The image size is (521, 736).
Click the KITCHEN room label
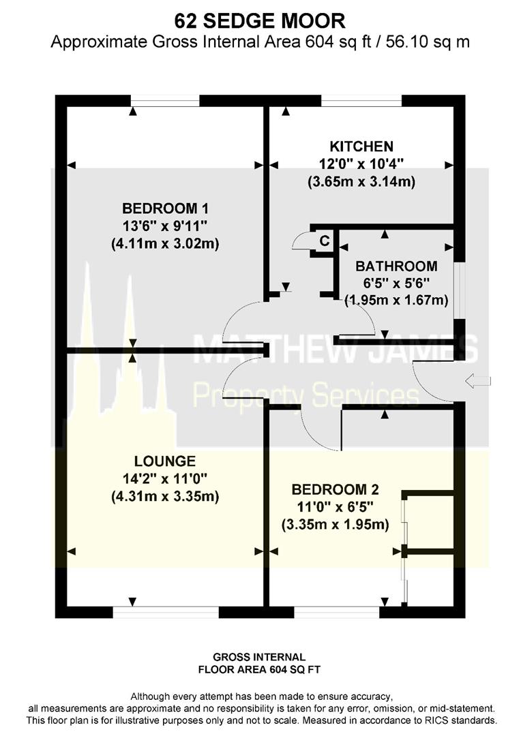[361, 147]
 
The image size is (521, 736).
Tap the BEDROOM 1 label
[165, 209]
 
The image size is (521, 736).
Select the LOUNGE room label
[165, 461]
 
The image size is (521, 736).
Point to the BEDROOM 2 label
[335, 489]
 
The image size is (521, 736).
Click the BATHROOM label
[396, 266]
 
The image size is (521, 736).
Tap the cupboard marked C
[324, 241]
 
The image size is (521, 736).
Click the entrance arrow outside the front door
[478, 381]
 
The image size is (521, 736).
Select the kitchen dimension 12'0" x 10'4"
[361, 164]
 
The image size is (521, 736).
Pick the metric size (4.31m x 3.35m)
[165, 496]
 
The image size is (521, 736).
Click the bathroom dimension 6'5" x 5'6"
[396, 283]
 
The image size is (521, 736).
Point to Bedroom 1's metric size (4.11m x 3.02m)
[165, 243]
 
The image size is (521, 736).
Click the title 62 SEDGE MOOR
[260, 21]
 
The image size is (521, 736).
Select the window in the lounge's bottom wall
[166, 612]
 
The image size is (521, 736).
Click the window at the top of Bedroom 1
[165, 101]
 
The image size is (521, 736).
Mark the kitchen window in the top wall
[361, 101]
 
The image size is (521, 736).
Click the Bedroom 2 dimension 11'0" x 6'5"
[335, 507]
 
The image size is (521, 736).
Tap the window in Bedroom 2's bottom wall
[337, 612]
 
